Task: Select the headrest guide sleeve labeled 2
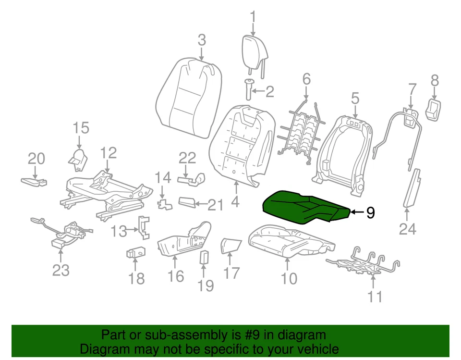click(x=250, y=90)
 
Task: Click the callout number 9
click(x=370, y=212)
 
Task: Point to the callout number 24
click(x=407, y=229)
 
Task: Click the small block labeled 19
click(x=204, y=257)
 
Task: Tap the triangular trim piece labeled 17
click(x=230, y=245)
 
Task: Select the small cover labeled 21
click(x=187, y=201)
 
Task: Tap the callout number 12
click(x=109, y=153)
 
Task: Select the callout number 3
click(x=202, y=39)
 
